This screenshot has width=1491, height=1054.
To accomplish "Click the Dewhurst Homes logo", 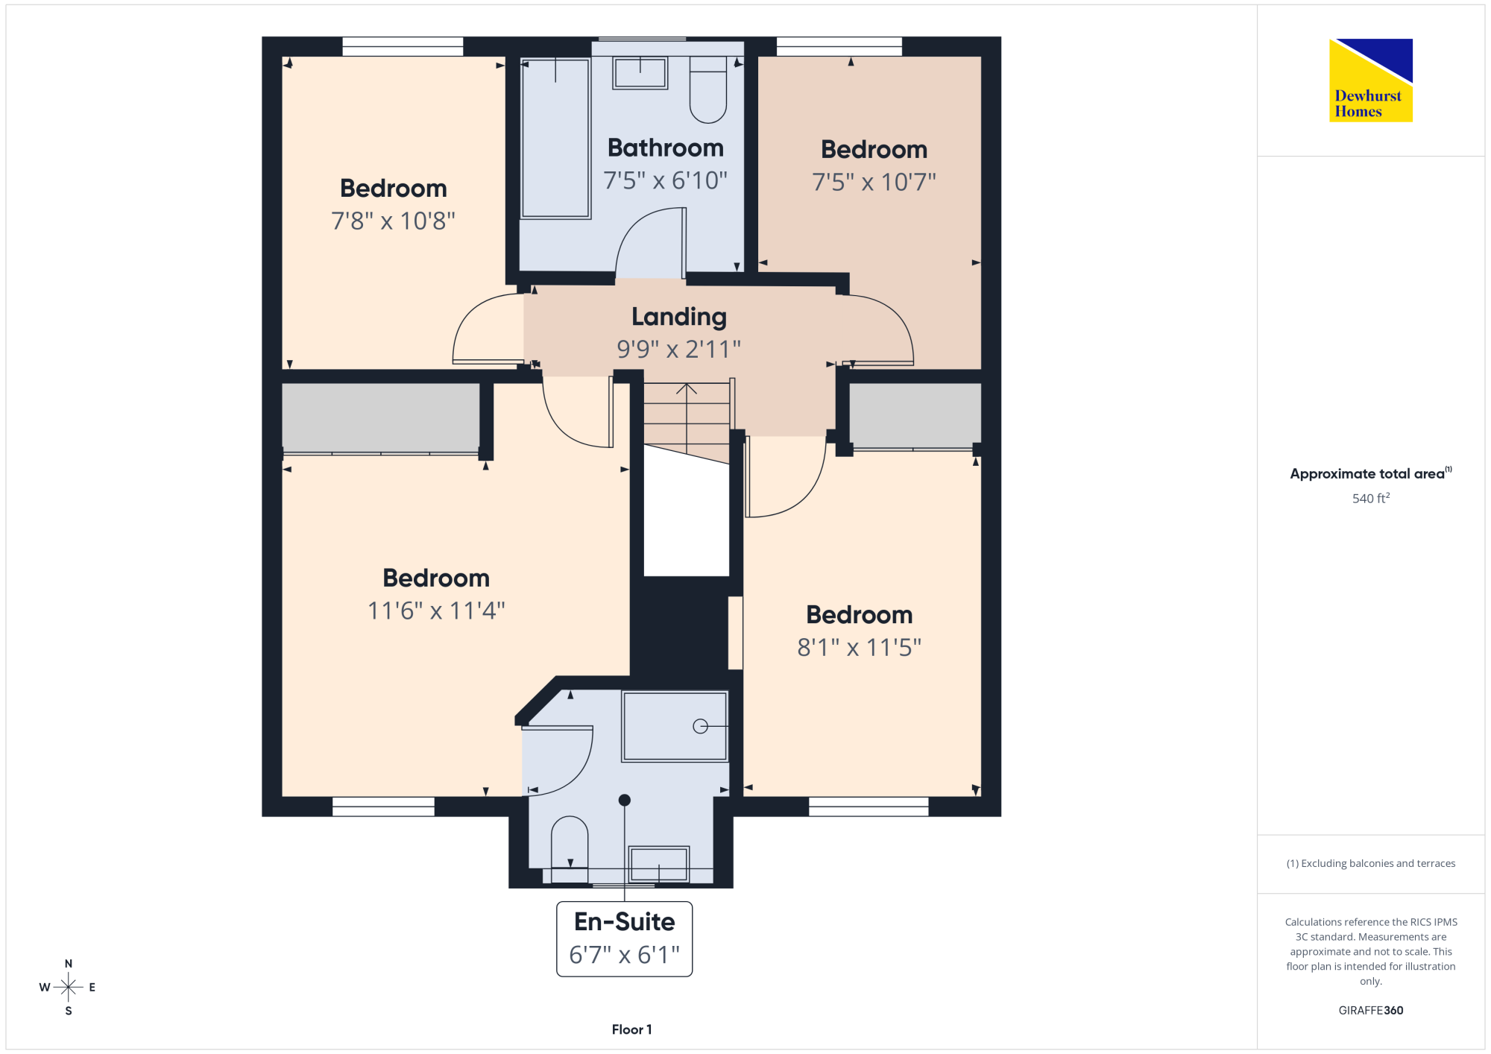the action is pyautogui.click(x=1371, y=80).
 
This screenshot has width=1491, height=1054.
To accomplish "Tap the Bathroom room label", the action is pyautogui.click(x=666, y=148).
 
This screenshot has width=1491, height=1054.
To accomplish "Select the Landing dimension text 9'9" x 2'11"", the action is pyautogui.click(x=678, y=349).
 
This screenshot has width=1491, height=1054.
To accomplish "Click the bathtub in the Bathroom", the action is pyautogui.click(x=556, y=139).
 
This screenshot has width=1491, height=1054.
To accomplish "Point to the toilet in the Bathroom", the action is pyautogui.click(x=708, y=89).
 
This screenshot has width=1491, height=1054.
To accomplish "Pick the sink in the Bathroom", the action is pyautogui.click(x=640, y=73).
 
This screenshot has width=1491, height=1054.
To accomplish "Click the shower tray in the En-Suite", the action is pyautogui.click(x=675, y=727).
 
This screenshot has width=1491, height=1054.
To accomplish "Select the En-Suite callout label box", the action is pyautogui.click(x=625, y=939).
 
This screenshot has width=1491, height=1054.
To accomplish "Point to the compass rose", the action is pyautogui.click(x=68, y=988).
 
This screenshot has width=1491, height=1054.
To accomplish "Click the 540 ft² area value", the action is pyautogui.click(x=1371, y=498).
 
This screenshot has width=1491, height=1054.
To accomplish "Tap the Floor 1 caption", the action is pyautogui.click(x=631, y=1029).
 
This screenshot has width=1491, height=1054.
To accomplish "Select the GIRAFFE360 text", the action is pyautogui.click(x=1371, y=1011).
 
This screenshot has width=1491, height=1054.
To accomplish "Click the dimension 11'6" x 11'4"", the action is pyautogui.click(x=436, y=611).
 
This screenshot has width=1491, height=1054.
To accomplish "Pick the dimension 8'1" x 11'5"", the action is pyautogui.click(x=860, y=648).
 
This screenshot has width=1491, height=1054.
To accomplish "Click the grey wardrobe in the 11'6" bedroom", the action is pyautogui.click(x=381, y=417).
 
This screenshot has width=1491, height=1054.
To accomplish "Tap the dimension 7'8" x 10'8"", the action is pyautogui.click(x=393, y=221).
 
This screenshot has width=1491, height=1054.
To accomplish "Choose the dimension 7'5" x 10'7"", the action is pyautogui.click(x=874, y=182).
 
